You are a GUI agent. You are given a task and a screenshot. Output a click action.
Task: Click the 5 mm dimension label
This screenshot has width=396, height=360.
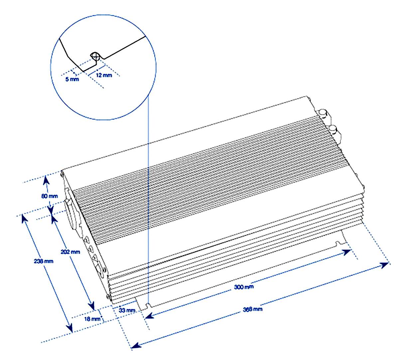[72, 79]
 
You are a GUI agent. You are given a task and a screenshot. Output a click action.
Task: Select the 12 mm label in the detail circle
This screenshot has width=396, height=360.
[104, 75]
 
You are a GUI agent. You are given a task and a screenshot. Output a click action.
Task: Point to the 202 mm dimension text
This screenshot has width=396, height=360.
[70, 252]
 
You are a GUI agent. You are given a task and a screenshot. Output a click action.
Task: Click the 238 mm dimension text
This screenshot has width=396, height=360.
[44, 261]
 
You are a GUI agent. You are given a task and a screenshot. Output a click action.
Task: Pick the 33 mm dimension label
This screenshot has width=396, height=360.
[127, 311]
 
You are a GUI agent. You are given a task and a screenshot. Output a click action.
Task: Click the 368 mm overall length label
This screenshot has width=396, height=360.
[253, 310]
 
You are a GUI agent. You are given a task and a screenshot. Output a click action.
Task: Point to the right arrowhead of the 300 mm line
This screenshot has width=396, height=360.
[347, 251]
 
